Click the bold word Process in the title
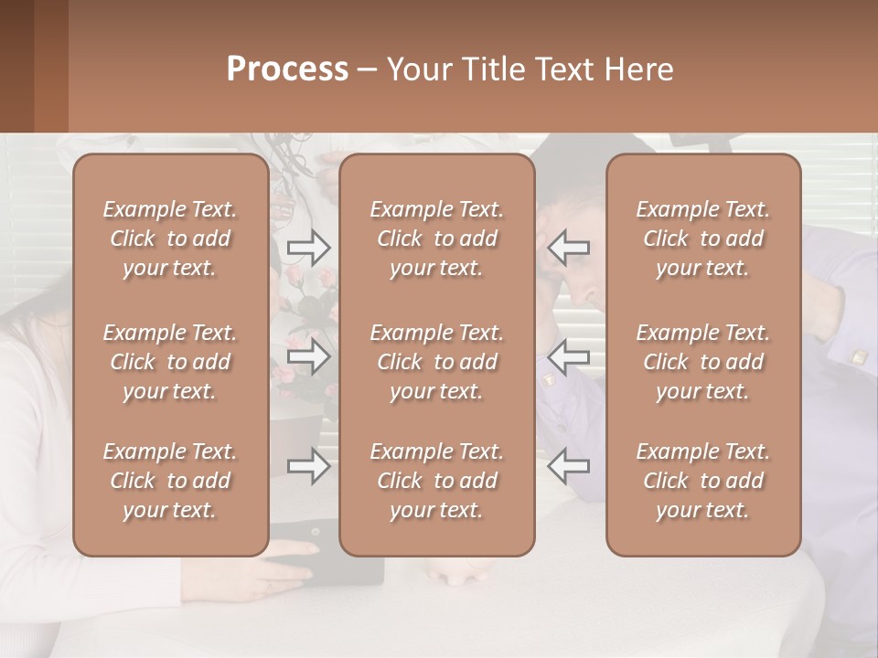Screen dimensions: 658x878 287,69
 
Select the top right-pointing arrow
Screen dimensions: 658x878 308,247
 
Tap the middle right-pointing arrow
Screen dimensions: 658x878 308,356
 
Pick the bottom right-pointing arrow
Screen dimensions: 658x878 308,466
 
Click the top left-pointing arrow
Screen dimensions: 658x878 569,247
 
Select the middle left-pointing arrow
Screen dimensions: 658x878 569,356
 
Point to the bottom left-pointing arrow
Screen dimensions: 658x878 569,466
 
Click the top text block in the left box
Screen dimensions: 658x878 170,239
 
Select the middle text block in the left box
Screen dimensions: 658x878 170,362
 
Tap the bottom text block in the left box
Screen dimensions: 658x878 170,481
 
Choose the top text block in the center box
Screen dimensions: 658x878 437,239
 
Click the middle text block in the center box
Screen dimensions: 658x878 437,362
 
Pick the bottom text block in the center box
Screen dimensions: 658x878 437,481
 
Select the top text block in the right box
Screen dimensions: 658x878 703,239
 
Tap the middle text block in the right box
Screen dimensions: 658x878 703,362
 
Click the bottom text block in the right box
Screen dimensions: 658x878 703,481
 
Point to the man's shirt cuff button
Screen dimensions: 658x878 858,357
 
